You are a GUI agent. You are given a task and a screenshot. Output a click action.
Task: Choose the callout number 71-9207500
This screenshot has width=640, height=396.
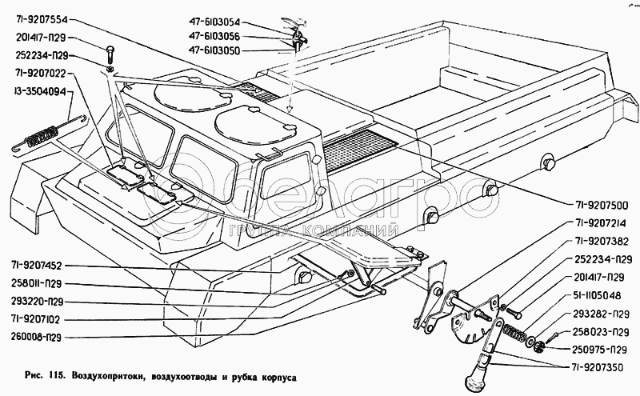(x=595, y=204)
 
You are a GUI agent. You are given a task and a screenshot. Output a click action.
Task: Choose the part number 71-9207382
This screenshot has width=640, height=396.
(x=595, y=242)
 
